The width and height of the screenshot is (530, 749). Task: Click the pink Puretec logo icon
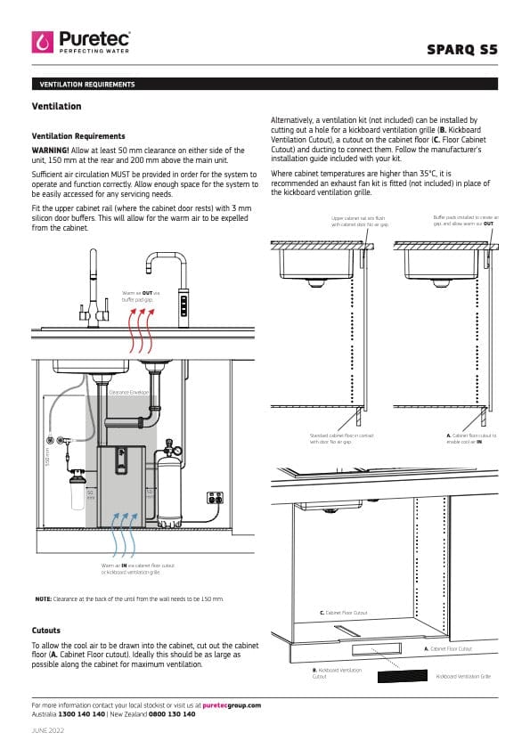43,42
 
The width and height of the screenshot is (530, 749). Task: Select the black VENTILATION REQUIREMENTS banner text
87,85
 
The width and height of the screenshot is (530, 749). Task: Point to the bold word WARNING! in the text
50,150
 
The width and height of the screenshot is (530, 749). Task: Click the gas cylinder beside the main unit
166,485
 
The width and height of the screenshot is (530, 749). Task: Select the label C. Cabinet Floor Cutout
343,613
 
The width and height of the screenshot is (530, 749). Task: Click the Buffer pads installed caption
465,219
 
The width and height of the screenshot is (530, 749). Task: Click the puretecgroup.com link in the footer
232,704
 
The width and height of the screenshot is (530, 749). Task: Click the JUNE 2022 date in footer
47,730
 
